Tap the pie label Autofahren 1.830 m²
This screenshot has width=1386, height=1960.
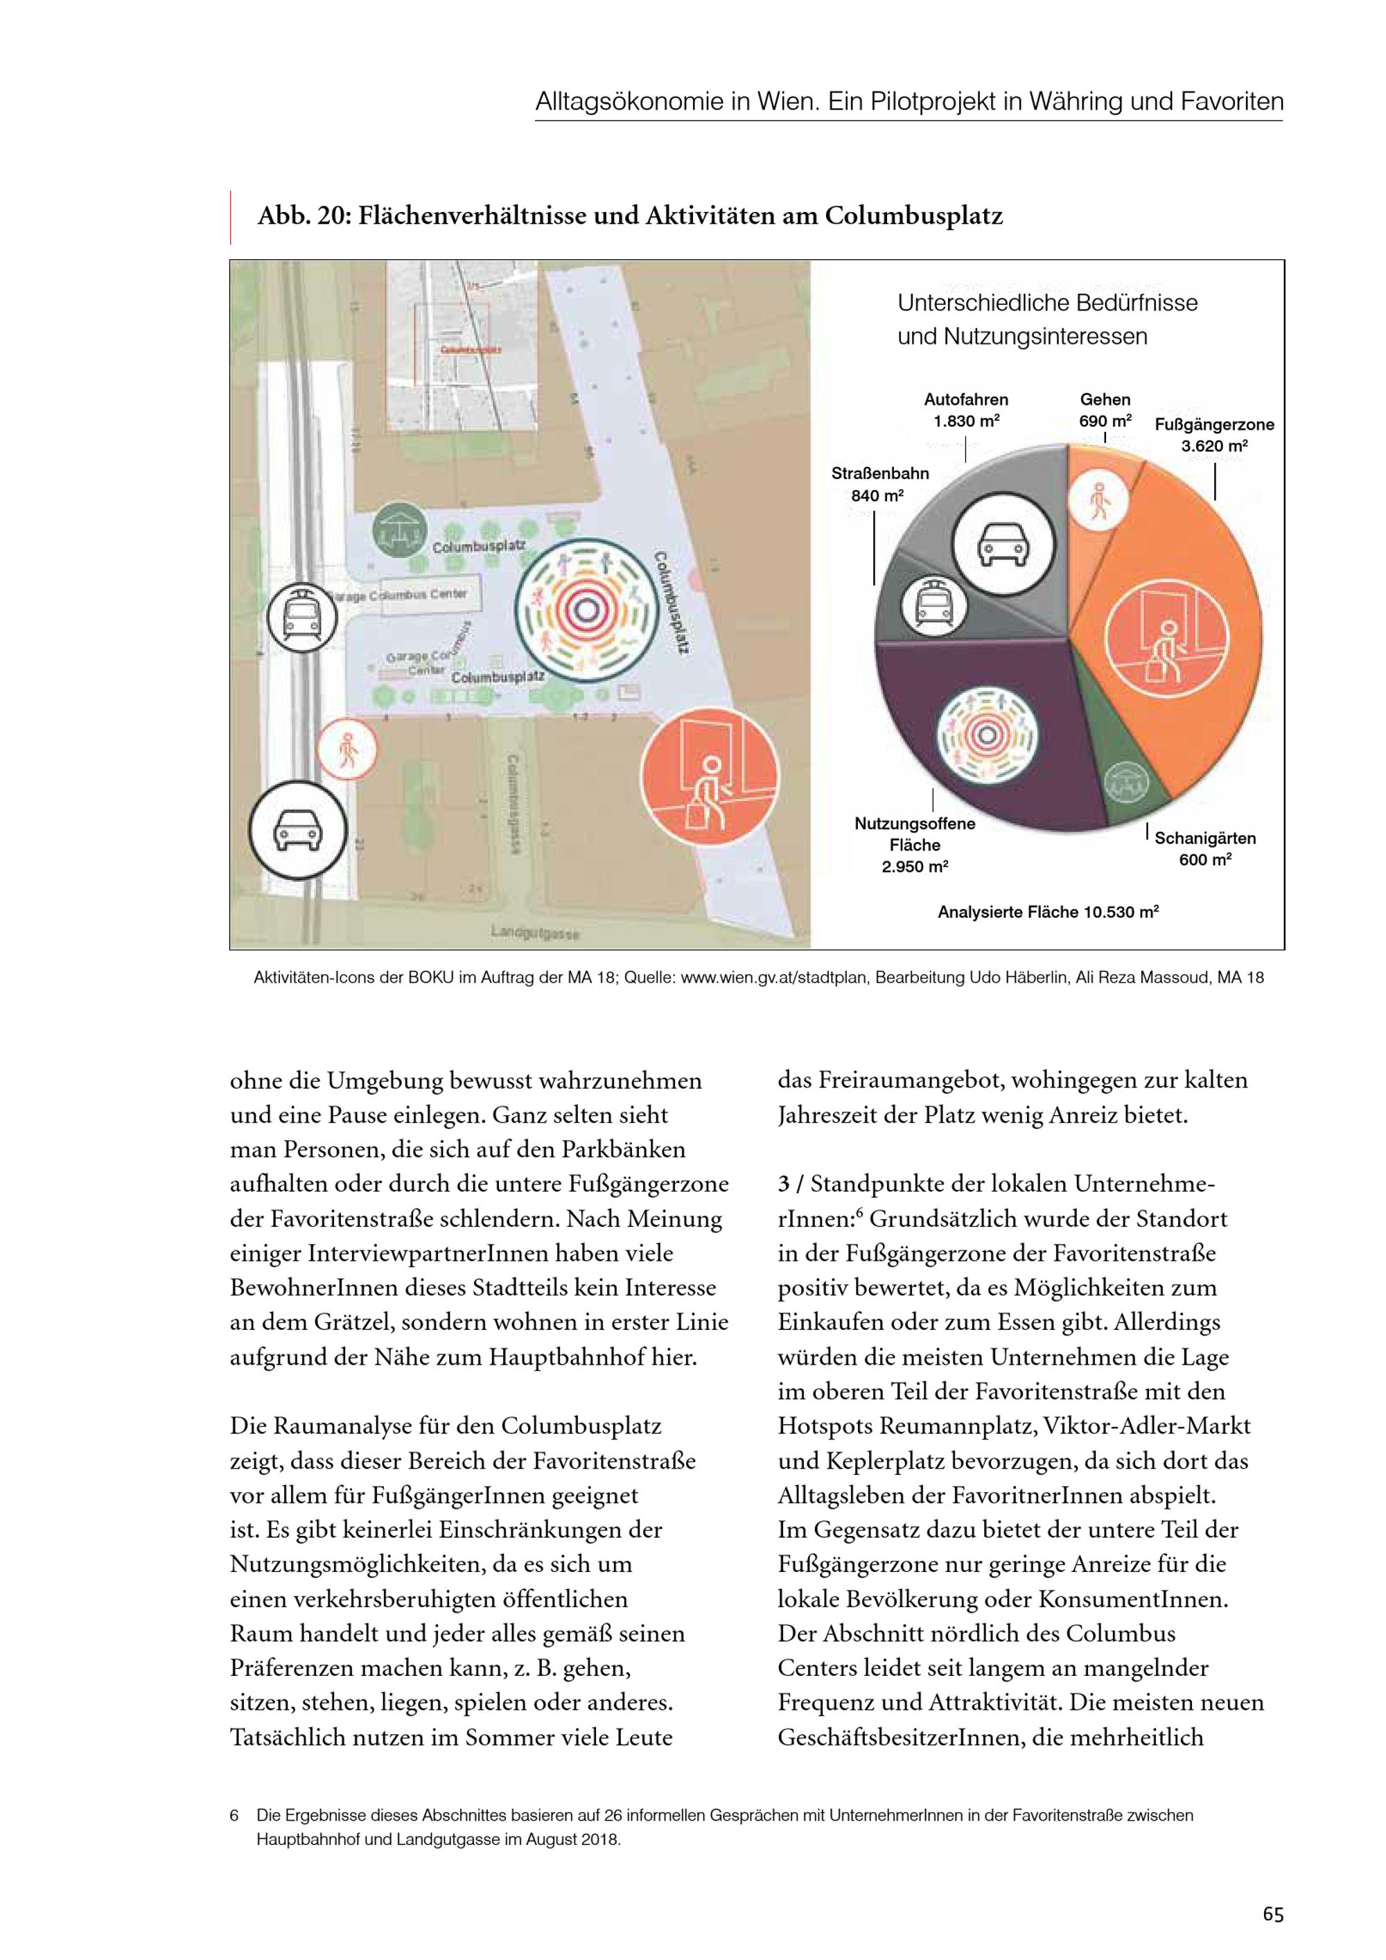click(x=966, y=410)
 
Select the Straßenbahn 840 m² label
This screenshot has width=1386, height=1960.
click(x=880, y=484)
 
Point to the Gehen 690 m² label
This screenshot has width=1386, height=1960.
click(x=1105, y=410)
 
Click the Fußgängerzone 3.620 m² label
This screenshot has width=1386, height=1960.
click(x=1213, y=435)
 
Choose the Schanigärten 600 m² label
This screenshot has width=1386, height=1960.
click(x=1205, y=848)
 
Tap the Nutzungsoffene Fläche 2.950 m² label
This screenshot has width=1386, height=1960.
click(x=915, y=844)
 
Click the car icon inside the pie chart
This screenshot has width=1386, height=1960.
click(x=1003, y=545)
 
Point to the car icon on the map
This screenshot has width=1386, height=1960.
click(x=298, y=829)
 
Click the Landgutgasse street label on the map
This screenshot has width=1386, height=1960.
click(x=535, y=932)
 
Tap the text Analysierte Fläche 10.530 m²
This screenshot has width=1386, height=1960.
click(x=1048, y=911)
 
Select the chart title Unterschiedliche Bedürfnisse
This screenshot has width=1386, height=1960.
click(x=1047, y=303)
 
